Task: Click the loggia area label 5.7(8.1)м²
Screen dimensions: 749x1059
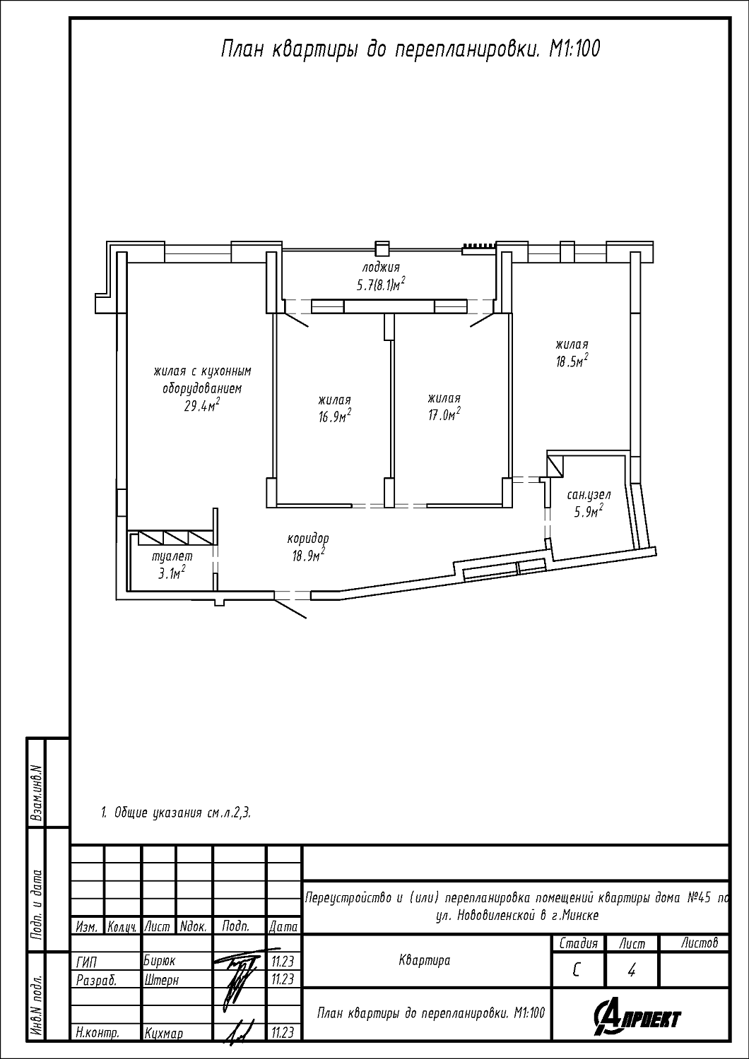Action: pos(380,284)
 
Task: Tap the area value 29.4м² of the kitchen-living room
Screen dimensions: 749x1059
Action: pos(202,405)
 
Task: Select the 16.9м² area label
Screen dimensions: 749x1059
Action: pos(334,416)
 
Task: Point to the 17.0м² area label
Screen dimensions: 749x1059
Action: pos(444,414)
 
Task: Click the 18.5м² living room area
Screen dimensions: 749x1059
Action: pos(572,361)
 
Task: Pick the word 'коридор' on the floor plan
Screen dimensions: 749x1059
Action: pos(308,539)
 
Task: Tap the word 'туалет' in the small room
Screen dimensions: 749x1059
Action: pos(172,557)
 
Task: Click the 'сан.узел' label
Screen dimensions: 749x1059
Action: pos(589,495)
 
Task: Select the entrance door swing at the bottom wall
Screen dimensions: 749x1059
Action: pos(290,609)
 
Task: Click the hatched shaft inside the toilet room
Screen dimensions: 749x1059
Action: pos(175,538)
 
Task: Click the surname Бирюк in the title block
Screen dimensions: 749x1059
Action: pos(160,961)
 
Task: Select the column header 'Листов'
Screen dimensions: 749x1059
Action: pos(700,943)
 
